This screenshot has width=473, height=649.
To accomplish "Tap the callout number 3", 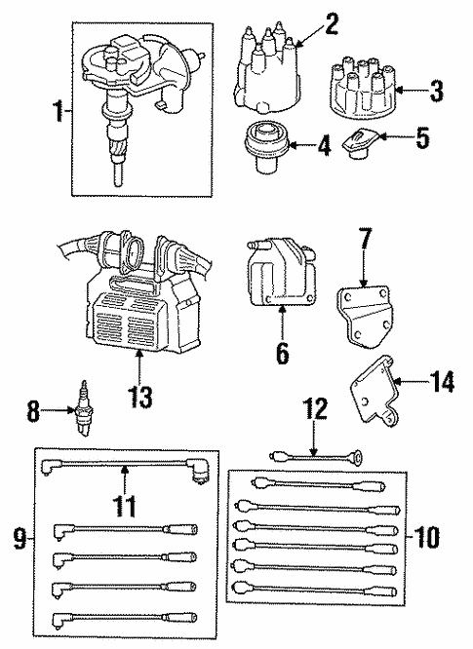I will [x=436, y=94].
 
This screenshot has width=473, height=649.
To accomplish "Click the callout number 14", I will [x=441, y=384].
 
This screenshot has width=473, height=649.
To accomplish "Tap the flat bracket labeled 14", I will [x=375, y=399].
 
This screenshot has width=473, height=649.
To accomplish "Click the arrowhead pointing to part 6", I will [x=282, y=311].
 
